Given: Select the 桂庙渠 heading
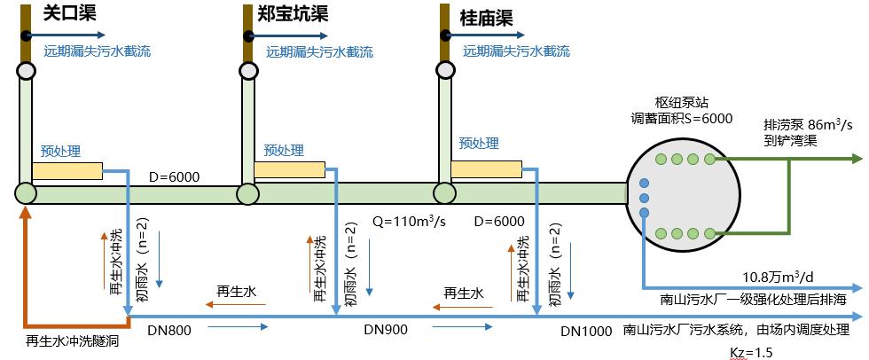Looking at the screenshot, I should pos(485,15).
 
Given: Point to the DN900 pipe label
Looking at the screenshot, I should pos(385,330).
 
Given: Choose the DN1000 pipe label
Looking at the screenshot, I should pos(586,332).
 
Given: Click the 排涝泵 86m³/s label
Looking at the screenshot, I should pos(802,124).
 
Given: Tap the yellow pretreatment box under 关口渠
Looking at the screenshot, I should pos(72,168).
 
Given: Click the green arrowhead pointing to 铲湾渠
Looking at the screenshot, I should pos(856,159).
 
